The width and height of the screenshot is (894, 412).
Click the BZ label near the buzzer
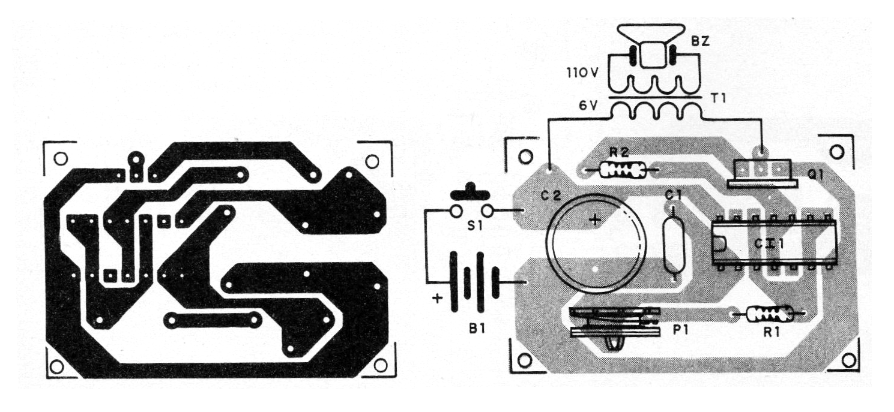(x=700, y=41)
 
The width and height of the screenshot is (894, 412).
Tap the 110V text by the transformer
(x=583, y=73)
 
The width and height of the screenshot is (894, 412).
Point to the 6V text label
(x=588, y=107)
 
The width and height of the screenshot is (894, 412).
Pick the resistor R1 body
(x=769, y=314)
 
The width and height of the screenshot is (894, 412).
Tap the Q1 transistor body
(x=763, y=174)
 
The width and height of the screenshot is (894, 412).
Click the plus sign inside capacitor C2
(x=595, y=219)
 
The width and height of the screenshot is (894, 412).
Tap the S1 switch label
(x=474, y=226)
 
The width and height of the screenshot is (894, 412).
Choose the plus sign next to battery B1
(x=438, y=298)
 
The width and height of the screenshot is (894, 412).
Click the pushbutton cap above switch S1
(x=470, y=193)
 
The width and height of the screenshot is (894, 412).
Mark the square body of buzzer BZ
(x=654, y=55)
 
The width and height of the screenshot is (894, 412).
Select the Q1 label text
(x=816, y=175)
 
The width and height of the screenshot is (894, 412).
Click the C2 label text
(x=551, y=196)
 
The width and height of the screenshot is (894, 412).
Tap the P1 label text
(x=681, y=329)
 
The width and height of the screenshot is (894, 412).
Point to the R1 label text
(x=772, y=332)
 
